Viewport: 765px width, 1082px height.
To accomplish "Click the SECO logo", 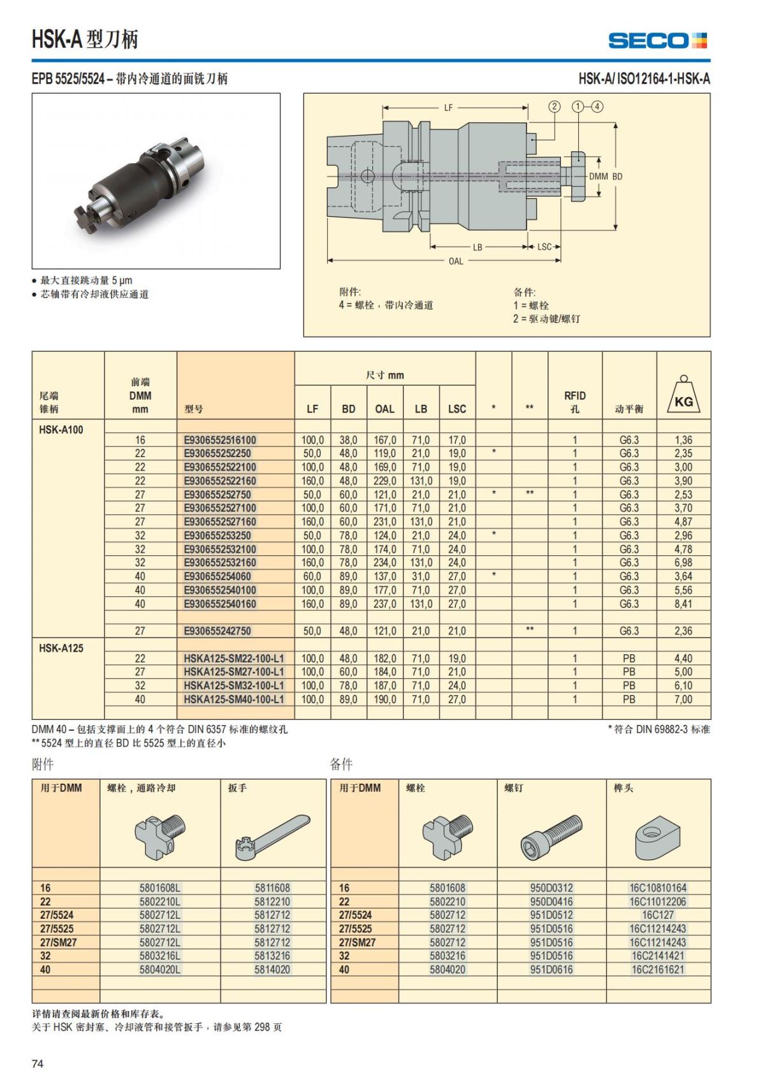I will [657, 41].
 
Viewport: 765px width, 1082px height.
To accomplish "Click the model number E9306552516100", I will [220, 440].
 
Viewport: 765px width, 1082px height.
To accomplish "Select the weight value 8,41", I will [683, 604].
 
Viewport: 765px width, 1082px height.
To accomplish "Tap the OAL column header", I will [384, 409].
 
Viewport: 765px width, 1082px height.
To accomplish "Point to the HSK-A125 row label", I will [61, 648].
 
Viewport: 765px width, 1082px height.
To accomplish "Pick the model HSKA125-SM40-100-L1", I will [234, 699].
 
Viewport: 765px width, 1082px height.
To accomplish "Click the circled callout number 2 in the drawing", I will [554, 106].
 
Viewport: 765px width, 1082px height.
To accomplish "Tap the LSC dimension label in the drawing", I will [544, 247].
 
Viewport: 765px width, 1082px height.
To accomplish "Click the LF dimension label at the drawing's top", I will [448, 108].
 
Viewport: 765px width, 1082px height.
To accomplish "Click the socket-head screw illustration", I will [551, 836].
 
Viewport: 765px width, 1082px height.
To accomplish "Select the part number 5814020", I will [272, 970].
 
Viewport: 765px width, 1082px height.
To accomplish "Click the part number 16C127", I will [658, 915].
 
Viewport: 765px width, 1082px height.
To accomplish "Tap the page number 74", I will [38, 1064].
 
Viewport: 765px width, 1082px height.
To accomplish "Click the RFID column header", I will [574, 402].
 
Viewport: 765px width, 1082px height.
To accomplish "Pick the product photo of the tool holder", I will [156, 181].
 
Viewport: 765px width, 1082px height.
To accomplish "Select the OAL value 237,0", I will [384, 604].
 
